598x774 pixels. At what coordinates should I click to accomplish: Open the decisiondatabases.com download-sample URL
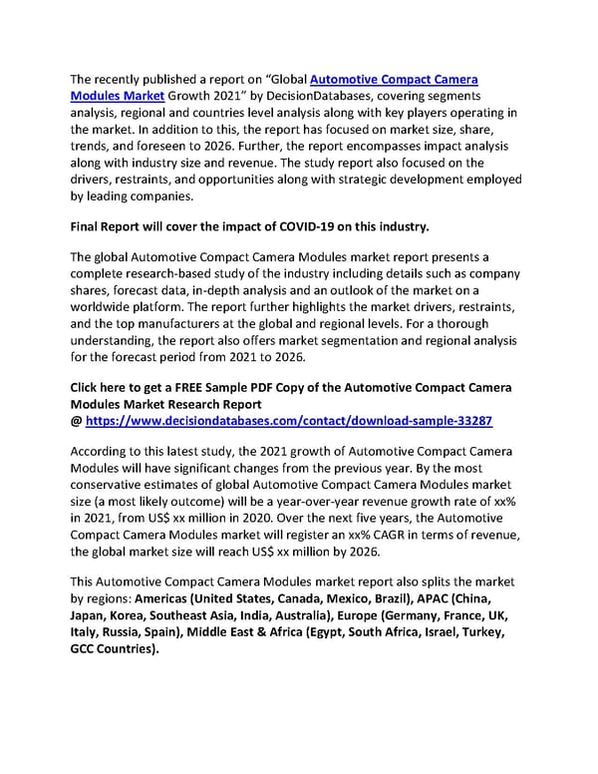pyautogui.click(x=289, y=422)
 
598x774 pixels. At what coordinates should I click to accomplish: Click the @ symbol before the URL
pyautogui.click(x=77, y=422)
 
